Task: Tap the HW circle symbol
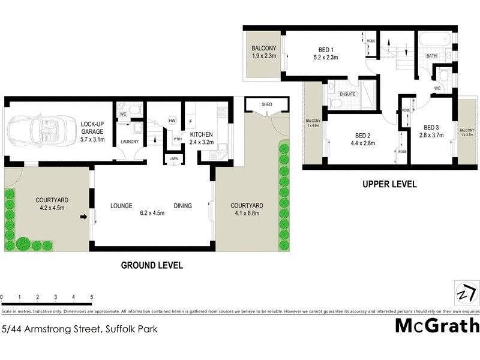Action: click(x=172, y=120)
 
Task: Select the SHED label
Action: click(x=266, y=104)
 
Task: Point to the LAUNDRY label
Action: click(x=130, y=142)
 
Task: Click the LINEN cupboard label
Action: click(x=173, y=158)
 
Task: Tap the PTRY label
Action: click(x=178, y=139)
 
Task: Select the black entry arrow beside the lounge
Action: click(x=85, y=217)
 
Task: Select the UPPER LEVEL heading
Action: click(x=389, y=185)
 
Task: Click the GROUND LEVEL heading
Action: click(x=152, y=265)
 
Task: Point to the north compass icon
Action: click(x=467, y=293)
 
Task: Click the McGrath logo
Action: click(x=437, y=326)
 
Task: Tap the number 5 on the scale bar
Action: click(x=92, y=297)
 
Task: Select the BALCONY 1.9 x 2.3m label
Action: click(x=263, y=52)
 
